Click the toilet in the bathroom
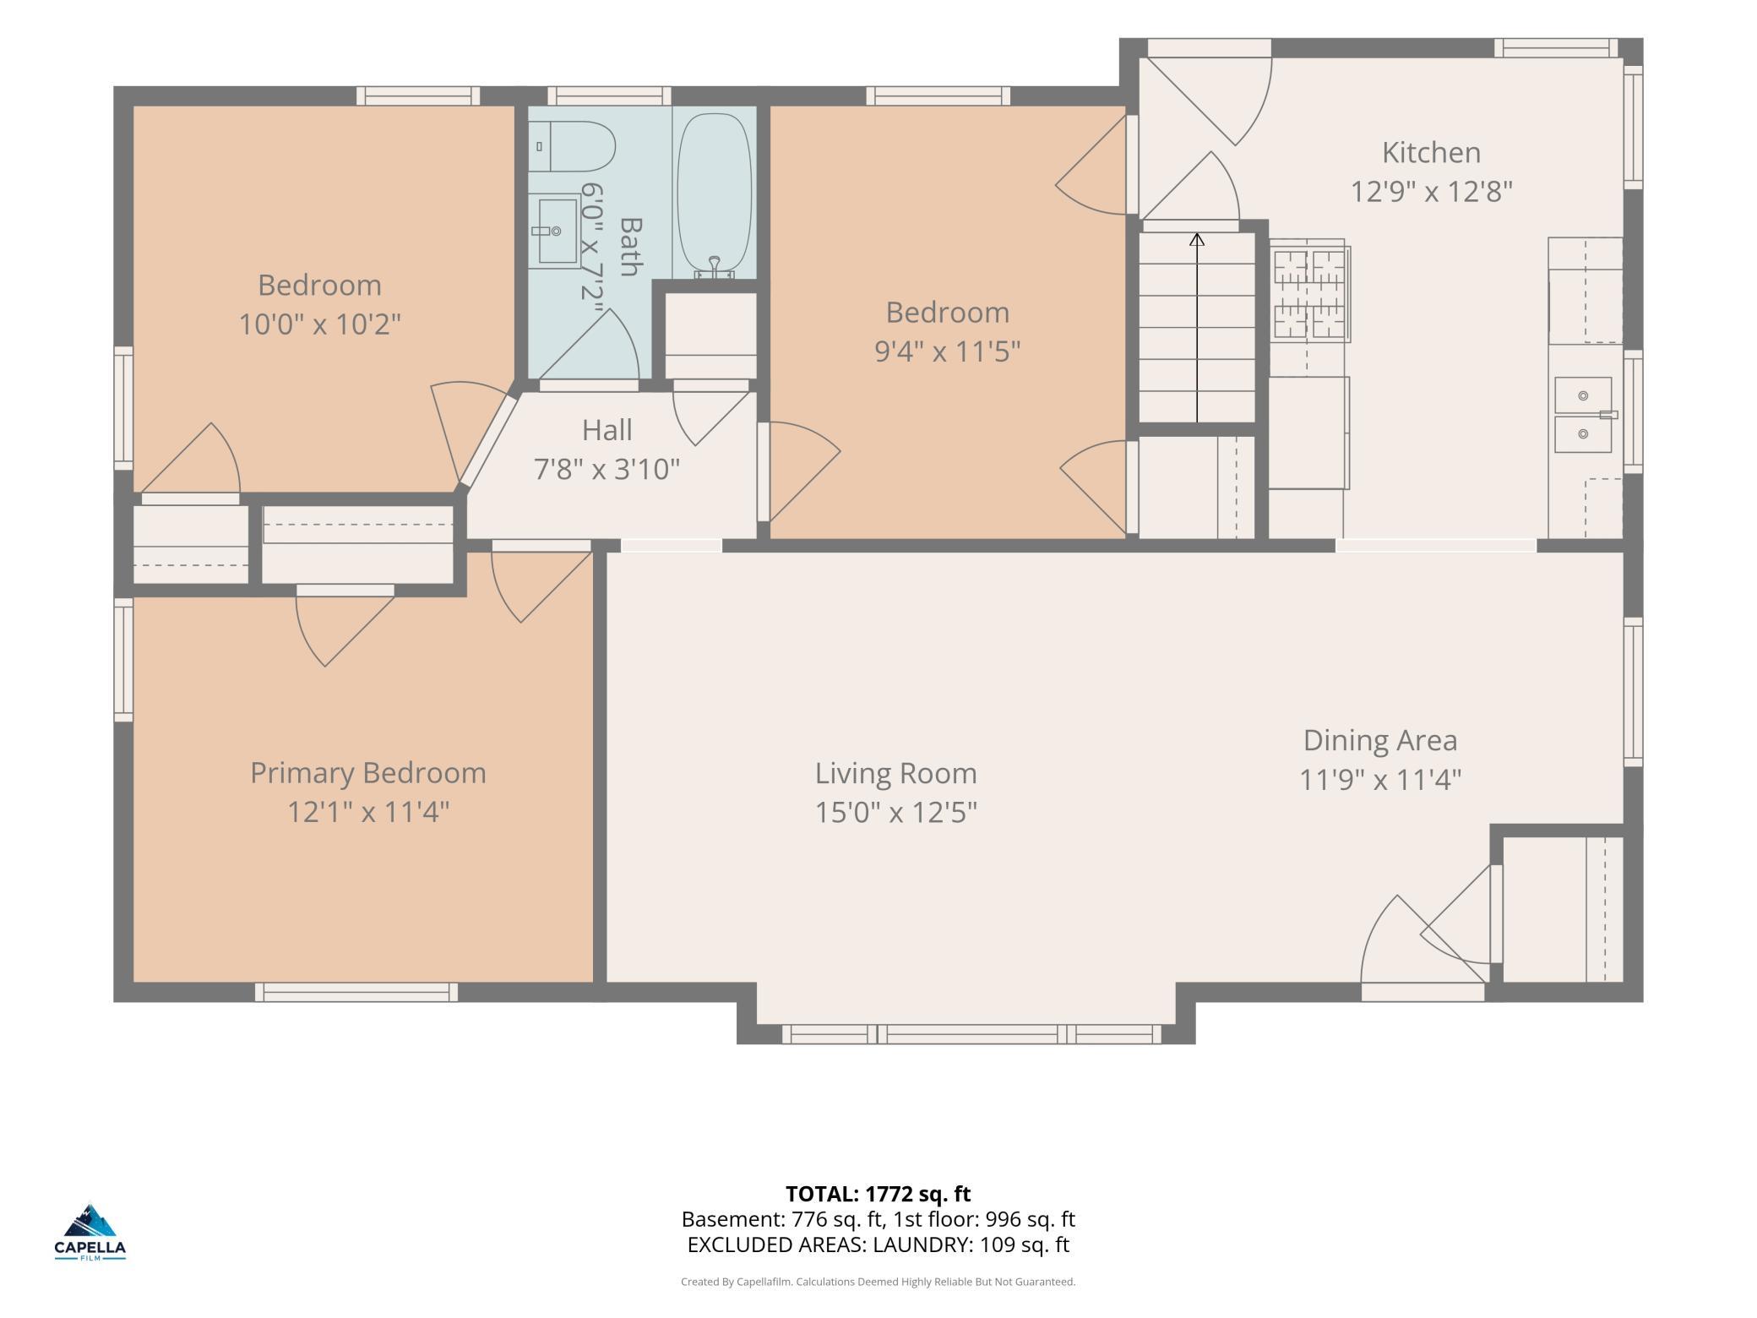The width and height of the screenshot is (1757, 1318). [572, 147]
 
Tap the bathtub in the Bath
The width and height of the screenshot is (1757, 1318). [715, 194]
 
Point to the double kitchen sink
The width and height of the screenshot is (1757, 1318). [1584, 415]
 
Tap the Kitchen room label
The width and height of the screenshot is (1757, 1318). [1431, 153]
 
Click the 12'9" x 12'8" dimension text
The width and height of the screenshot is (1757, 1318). [1431, 192]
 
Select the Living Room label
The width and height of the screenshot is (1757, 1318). [896, 773]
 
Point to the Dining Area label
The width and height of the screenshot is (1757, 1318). [1380, 740]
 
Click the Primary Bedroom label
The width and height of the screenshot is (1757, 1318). [368, 773]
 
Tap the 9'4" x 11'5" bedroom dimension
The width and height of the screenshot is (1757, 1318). [948, 351]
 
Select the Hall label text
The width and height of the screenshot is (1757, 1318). [607, 430]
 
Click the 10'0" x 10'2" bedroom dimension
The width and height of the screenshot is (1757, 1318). [319, 324]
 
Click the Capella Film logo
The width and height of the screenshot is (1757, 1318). [90, 1233]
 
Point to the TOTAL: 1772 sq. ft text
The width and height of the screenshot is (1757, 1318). [878, 1194]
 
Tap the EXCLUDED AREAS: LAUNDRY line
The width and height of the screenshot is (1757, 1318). [878, 1244]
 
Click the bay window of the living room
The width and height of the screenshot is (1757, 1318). [971, 1034]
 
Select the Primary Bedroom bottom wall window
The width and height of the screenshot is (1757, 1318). [356, 992]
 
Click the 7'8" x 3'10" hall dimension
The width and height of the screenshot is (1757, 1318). [607, 469]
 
